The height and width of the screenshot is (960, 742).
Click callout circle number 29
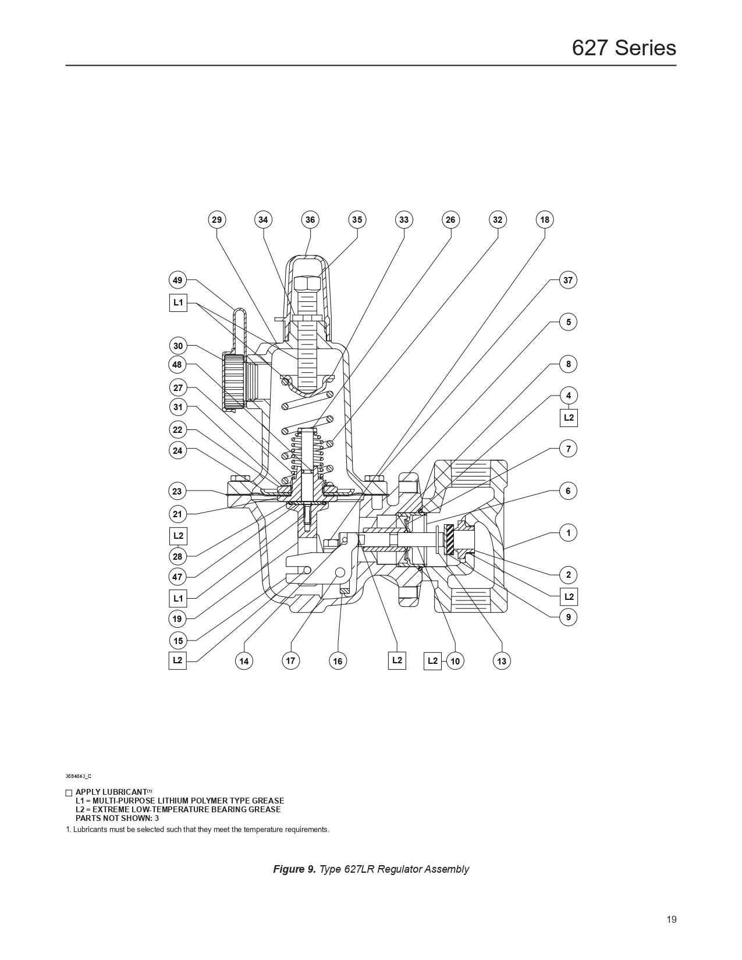coord(216,219)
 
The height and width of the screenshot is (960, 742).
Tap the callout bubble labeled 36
coord(310,219)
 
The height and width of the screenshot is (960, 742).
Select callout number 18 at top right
coord(544,219)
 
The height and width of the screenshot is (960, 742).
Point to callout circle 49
coord(177,280)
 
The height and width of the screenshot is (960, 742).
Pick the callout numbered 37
coord(568,280)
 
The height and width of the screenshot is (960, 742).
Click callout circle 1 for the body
coord(569,532)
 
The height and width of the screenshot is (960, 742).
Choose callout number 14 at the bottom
coord(244,661)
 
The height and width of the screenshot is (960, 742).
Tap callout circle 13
coord(502,661)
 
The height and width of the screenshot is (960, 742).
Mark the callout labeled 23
coord(177,491)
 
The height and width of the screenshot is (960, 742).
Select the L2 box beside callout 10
coord(432,660)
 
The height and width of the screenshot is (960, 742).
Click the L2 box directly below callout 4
coord(569,418)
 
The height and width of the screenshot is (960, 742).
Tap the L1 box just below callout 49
coord(178,303)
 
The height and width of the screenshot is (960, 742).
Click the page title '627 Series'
coord(624,48)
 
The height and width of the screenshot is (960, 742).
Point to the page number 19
coord(672,920)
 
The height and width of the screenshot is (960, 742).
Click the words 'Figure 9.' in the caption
coord(294,869)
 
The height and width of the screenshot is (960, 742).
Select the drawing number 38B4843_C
coord(78,776)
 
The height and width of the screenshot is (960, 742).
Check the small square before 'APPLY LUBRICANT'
coord(69,792)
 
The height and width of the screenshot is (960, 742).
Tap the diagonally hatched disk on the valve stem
coord(449,540)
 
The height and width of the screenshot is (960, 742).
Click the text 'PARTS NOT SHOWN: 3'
coord(117,818)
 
